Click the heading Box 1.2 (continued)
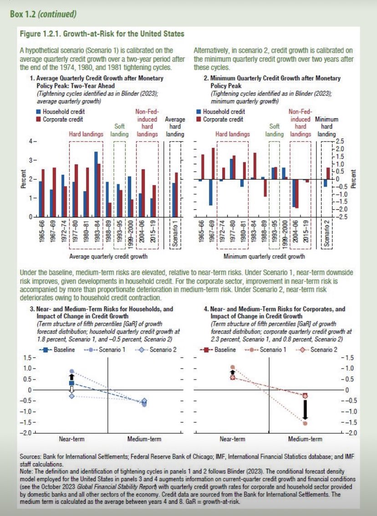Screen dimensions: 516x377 (43, 14)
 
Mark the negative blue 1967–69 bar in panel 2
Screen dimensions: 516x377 (211, 192)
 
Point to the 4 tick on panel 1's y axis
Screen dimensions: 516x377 (32, 142)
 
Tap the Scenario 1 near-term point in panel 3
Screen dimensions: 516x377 (71, 371)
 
